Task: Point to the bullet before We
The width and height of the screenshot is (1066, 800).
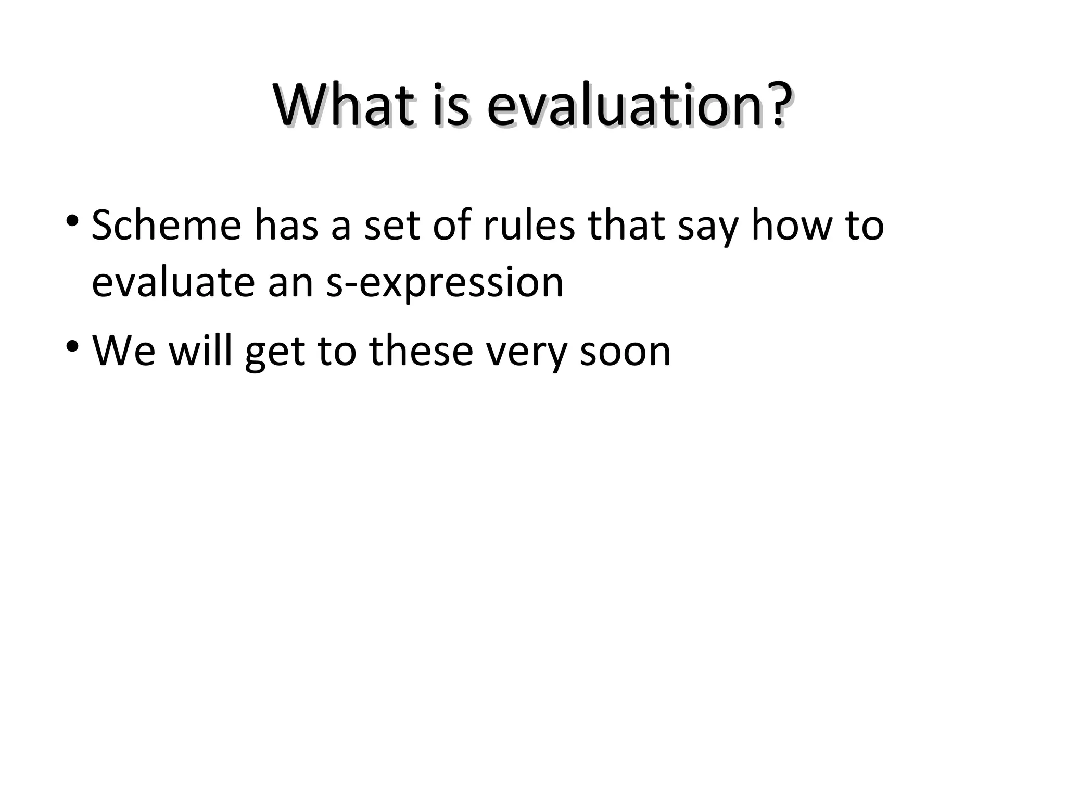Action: [x=72, y=345]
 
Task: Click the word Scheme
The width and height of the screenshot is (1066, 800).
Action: [x=166, y=225]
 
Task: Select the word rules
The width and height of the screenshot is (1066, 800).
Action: [x=529, y=225]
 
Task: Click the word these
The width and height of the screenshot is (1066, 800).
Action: [x=421, y=351]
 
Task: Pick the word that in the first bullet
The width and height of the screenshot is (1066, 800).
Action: [x=626, y=225]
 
